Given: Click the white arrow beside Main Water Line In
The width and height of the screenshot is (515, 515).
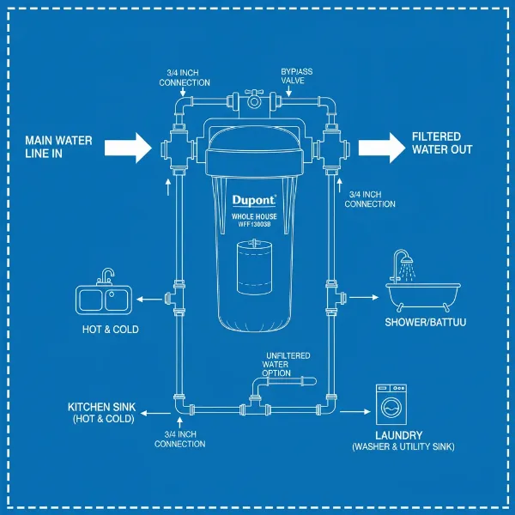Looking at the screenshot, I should tap(127, 148).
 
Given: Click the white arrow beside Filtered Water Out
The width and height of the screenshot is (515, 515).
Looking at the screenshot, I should tap(381, 148).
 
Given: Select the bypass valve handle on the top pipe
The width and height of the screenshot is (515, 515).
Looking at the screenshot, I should tap(254, 94).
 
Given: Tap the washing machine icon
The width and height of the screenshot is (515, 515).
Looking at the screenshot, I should tap(393, 403).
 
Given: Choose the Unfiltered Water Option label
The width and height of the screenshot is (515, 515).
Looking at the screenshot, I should tap(287, 364).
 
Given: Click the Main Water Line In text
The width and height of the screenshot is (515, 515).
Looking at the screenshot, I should tap(55, 147).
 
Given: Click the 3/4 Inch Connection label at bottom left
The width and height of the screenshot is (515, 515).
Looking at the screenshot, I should tap(179, 439).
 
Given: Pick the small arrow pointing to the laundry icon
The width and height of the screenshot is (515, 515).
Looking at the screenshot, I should tap(353, 410).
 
